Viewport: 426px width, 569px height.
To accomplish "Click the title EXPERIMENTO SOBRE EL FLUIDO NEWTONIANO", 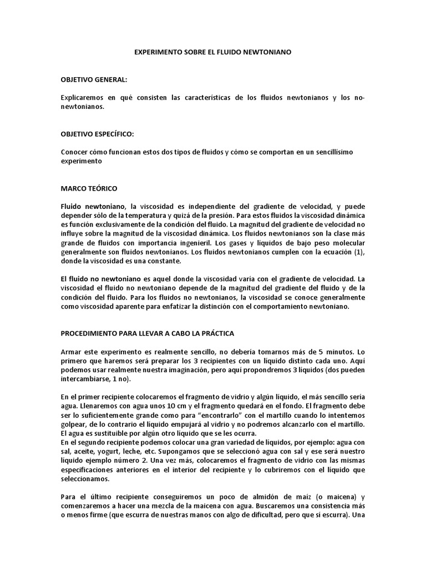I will point(213,51).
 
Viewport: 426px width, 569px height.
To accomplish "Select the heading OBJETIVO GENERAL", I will point(94,79).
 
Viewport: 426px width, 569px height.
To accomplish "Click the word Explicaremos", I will point(84,98).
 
